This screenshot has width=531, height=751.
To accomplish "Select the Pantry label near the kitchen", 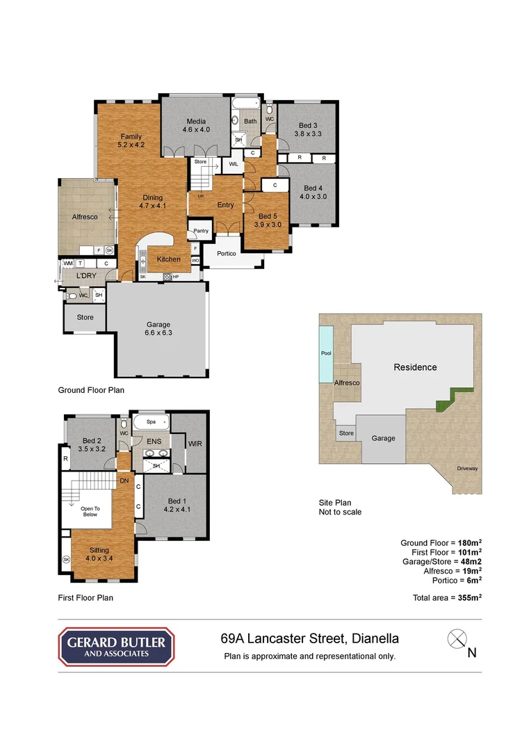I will point(201,231).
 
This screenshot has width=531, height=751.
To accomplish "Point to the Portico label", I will point(227,254).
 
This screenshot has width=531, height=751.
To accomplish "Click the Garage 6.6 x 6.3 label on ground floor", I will point(158,328).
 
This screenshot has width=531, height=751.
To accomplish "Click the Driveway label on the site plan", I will point(467,468).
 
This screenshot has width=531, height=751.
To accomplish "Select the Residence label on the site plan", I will point(415,367).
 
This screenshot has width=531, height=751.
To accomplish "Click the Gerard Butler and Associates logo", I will point(116,647).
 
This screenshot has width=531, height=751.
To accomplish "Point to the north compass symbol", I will point(457,638).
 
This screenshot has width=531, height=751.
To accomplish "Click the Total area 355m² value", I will point(448,597).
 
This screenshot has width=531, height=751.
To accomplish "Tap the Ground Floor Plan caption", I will point(91,390).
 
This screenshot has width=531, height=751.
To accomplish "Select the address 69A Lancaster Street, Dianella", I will point(309,638).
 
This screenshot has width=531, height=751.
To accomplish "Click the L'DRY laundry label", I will point(86,276).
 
